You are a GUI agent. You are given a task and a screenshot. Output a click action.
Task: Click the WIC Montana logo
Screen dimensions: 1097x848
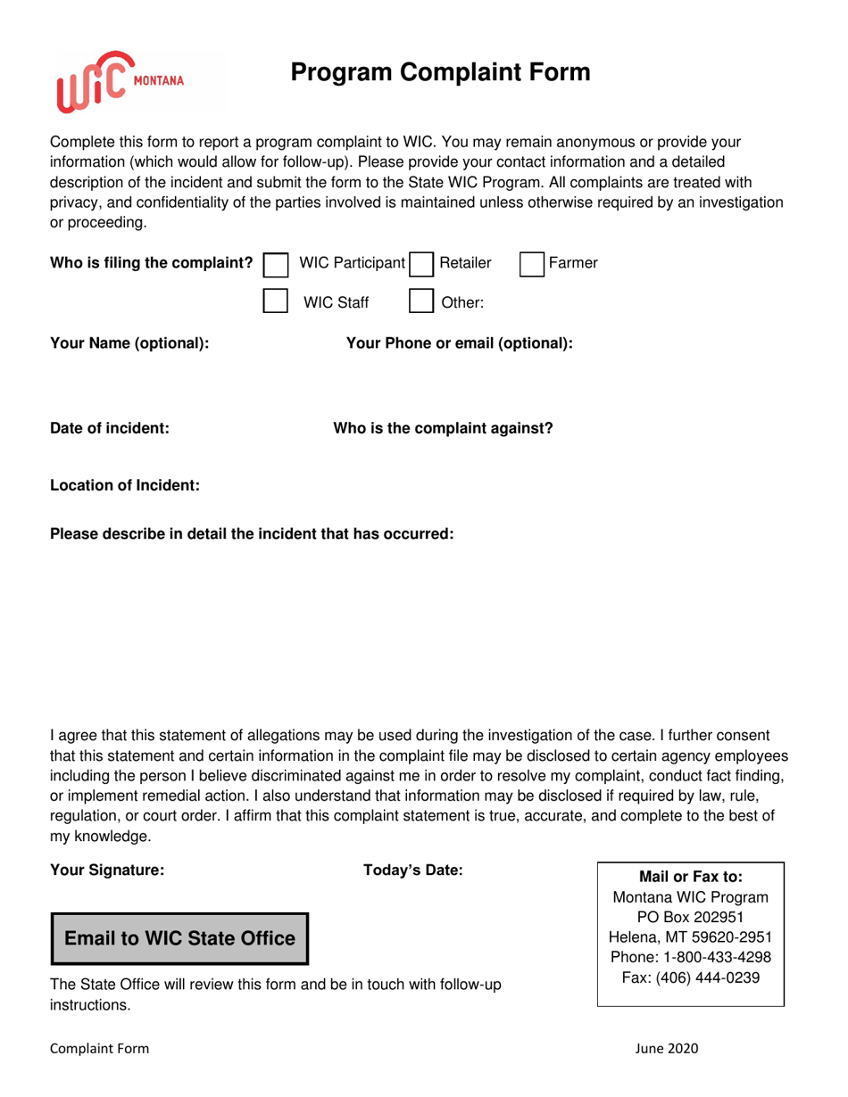(x=120, y=81)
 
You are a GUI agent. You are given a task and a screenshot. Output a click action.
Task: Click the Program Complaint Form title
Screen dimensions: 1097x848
(x=440, y=73)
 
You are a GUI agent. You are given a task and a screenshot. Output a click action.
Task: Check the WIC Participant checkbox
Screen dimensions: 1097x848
(x=277, y=264)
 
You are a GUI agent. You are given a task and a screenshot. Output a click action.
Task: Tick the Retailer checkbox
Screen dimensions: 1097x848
(x=420, y=264)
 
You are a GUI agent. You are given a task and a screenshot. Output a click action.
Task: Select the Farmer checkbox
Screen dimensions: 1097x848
(x=532, y=264)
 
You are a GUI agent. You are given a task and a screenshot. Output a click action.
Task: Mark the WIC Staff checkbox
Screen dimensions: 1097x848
(x=277, y=301)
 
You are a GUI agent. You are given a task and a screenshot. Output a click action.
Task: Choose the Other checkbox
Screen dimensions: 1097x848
(x=420, y=301)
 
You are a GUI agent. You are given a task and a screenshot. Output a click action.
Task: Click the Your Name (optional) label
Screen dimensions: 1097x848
(x=129, y=343)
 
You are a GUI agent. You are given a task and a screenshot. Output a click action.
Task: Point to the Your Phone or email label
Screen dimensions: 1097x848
(x=459, y=343)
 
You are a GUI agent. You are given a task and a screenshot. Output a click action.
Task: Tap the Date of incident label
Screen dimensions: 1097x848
(x=109, y=428)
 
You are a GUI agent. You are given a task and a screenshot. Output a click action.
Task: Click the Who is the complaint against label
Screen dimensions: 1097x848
(x=443, y=428)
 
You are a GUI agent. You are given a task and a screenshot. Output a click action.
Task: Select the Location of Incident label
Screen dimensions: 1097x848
(x=124, y=486)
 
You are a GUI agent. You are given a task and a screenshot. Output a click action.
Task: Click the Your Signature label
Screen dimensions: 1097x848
(x=107, y=870)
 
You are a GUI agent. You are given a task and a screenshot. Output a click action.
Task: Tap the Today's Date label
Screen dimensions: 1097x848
(x=412, y=870)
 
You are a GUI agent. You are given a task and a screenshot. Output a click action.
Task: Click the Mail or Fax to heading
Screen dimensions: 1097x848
(x=690, y=878)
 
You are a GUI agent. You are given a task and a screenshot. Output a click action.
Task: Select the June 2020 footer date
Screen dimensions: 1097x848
(x=666, y=1049)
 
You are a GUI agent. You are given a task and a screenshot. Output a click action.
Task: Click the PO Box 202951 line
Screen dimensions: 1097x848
(x=690, y=917)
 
